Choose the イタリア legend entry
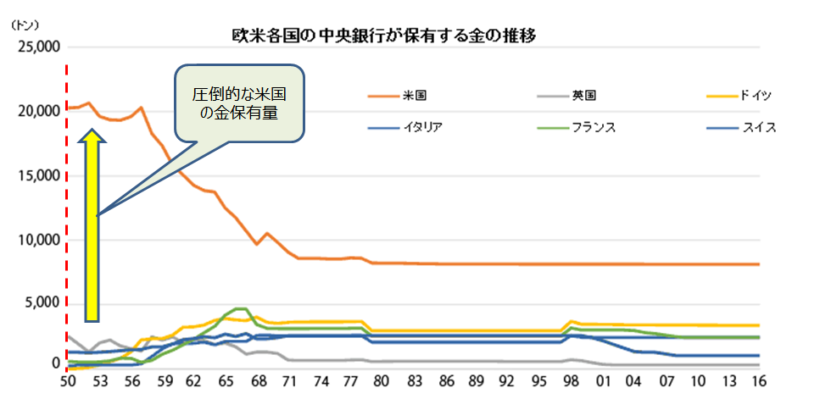tap(420, 128)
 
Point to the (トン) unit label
tap(25, 26)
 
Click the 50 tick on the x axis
tap(68, 382)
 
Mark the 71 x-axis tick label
tap(290, 382)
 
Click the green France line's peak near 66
tap(239, 308)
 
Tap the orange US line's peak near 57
tap(141, 108)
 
